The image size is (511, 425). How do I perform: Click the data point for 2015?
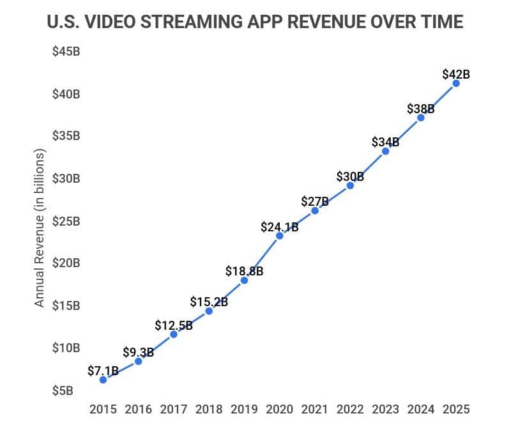(x=103, y=380)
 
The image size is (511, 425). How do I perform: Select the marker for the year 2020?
(x=280, y=236)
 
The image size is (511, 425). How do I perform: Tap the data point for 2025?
(x=456, y=83)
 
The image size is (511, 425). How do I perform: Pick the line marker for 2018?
(x=209, y=311)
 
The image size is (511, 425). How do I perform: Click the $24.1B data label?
(x=280, y=226)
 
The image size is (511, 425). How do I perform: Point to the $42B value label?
(x=456, y=74)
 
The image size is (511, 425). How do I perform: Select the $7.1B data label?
(x=103, y=371)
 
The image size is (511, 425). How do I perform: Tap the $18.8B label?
(x=244, y=271)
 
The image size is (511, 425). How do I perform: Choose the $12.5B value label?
(x=173, y=325)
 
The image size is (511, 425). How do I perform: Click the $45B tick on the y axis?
(x=66, y=52)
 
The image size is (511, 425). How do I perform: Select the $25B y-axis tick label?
(x=66, y=221)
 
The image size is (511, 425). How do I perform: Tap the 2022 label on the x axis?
(x=350, y=409)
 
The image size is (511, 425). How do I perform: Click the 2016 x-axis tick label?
(x=138, y=409)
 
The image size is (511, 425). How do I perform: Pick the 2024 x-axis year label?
(x=421, y=409)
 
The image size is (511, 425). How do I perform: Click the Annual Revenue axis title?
(x=40, y=228)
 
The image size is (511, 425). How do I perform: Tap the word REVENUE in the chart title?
(x=337, y=22)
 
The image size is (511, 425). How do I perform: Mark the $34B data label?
(x=385, y=142)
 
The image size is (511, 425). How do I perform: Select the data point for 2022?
(x=350, y=185)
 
